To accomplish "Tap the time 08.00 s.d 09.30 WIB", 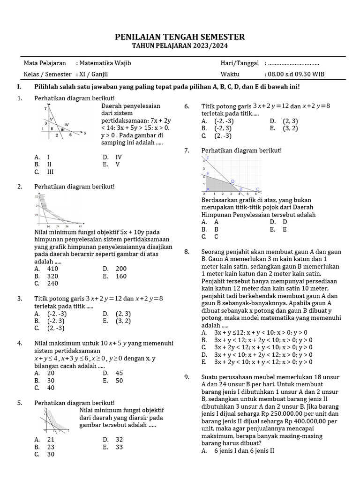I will pyautogui.click(x=296, y=74).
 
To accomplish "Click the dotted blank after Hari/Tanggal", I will pyautogui.click(x=293, y=63).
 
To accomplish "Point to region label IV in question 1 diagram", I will pyautogui.click(x=67, y=124).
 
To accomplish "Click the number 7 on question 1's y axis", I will pyautogui.click(x=45, y=109).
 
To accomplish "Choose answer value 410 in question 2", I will pyautogui.click(x=52, y=269).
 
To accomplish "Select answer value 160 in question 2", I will pyautogui.click(x=121, y=276).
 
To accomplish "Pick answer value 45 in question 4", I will pyautogui.click(x=119, y=373).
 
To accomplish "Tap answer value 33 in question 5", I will pyautogui.click(x=119, y=447).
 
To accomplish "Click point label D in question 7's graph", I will pyautogui.click(x=232, y=181).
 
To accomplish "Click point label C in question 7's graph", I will pyautogui.click(x=257, y=189).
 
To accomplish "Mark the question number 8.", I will pyautogui.click(x=187, y=252).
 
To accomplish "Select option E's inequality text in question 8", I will pyautogui.click(x=263, y=362).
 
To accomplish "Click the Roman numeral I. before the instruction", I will pyautogui.click(x=19, y=87).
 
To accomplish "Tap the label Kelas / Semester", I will pyautogui.click(x=48, y=74).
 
